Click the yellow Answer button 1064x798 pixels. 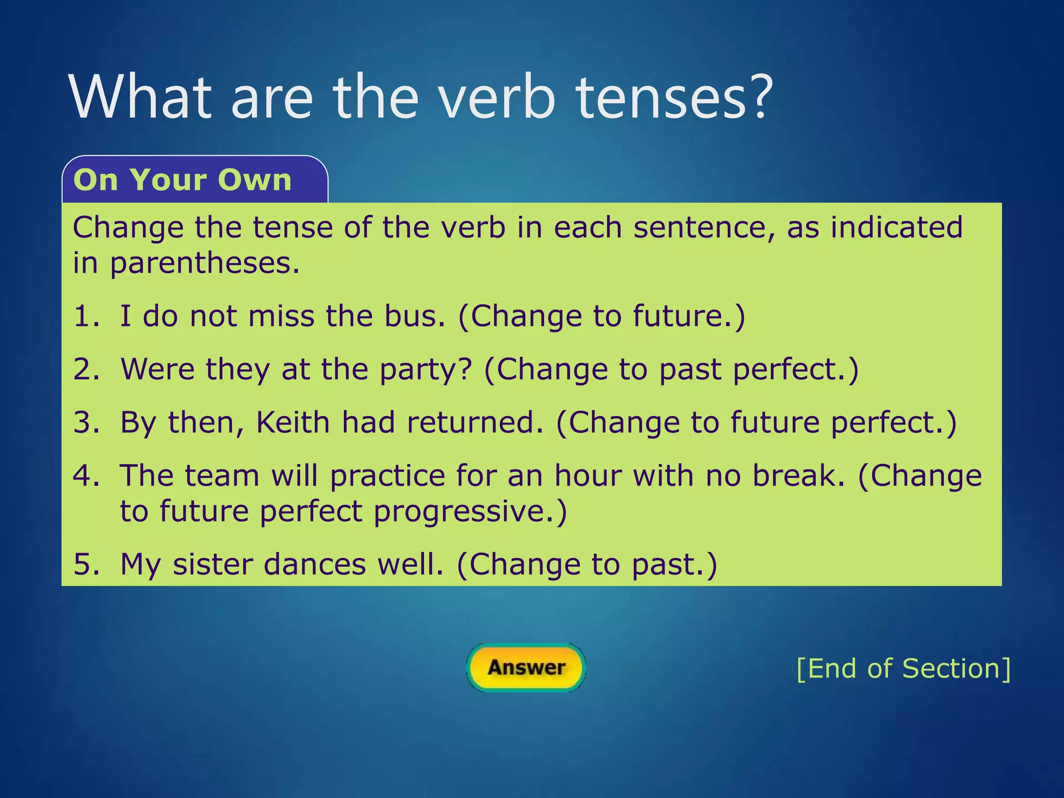point(526,668)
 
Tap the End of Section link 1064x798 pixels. point(903,669)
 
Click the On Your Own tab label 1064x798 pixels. point(182,180)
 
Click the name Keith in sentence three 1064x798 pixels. point(293,422)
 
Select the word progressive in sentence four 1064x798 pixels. point(470,512)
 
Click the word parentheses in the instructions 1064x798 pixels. point(204,263)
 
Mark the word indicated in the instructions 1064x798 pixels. point(896,228)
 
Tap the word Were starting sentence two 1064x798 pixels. point(157,369)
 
